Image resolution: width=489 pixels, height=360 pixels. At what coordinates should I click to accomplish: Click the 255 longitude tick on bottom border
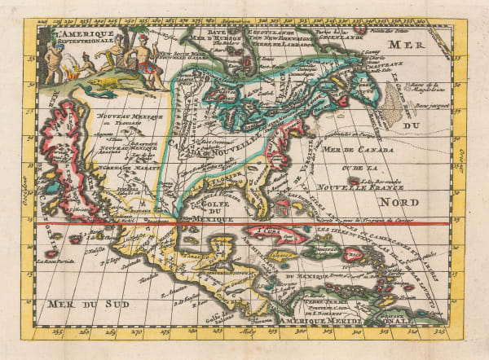[x=56, y=331]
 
